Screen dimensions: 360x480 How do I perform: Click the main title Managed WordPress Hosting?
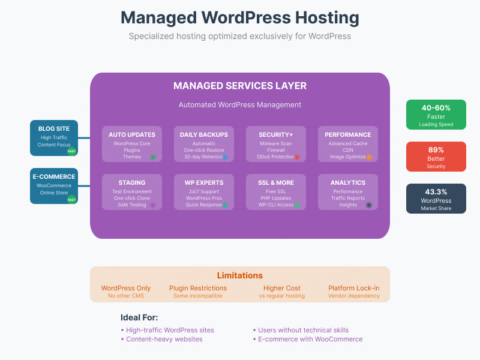click(240, 17)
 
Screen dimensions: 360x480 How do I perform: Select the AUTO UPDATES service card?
click(131, 143)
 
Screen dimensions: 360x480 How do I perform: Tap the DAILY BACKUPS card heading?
click(203, 134)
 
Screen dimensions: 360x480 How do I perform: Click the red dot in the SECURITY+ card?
click(297, 157)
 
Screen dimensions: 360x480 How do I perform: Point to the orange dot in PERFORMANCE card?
click(369, 157)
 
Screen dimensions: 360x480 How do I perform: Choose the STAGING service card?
click(131, 191)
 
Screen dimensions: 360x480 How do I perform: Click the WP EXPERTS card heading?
click(203, 182)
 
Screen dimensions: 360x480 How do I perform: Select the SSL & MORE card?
click(275, 191)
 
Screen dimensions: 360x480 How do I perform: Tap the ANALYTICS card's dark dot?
click(369, 205)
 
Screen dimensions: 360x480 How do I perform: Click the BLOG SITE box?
click(53, 137)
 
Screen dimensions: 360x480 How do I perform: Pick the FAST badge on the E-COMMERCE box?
click(71, 199)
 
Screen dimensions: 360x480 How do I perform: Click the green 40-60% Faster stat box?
click(436, 115)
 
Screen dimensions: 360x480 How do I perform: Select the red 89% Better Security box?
click(436, 157)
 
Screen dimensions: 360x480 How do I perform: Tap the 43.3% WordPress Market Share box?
click(436, 199)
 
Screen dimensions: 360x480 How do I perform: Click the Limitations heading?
click(239, 275)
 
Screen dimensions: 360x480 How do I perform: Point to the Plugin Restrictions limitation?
click(198, 288)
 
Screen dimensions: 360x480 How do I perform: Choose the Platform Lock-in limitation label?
click(353, 288)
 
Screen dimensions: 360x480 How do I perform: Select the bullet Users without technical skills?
click(303, 330)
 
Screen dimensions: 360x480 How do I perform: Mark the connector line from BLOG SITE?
click(84, 137)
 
